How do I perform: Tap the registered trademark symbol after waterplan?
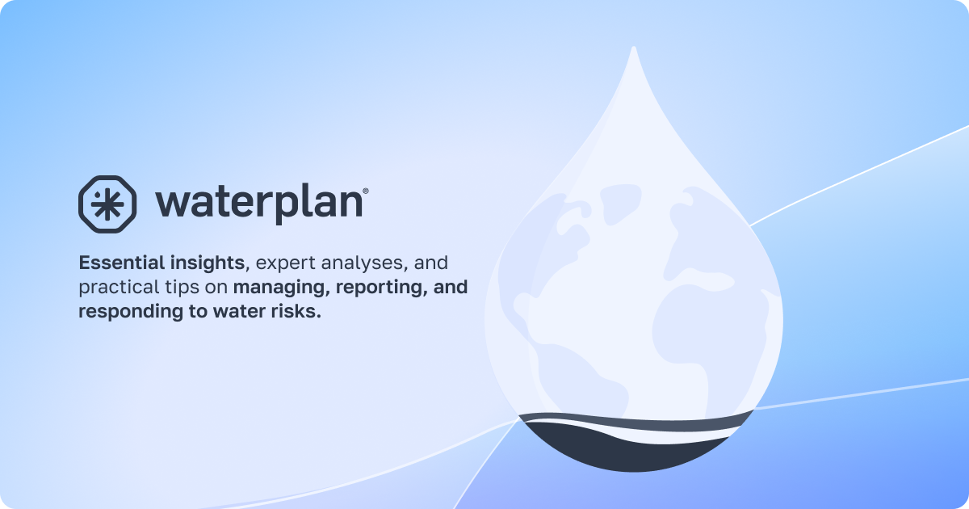(x=366, y=191)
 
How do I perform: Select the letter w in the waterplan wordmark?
(x=172, y=203)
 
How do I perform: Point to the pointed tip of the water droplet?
(x=634, y=52)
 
